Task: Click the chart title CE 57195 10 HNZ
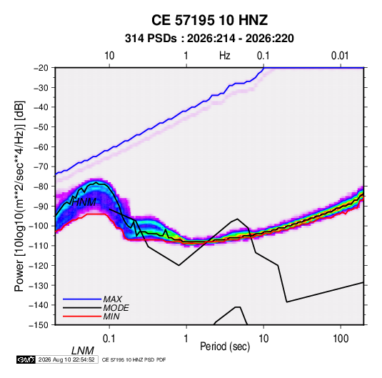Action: (x=209, y=20)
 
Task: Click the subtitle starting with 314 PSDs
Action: (x=209, y=39)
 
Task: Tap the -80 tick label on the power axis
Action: (x=41, y=186)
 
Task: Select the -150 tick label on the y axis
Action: (x=39, y=325)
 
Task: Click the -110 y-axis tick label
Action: (x=39, y=246)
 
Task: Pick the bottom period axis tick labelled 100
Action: (x=341, y=339)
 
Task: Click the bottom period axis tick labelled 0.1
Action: (x=109, y=339)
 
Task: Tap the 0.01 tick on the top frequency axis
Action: (x=340, y=56)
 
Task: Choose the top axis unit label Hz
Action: (x=225, y=56)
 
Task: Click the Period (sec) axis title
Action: (x=225, y=347)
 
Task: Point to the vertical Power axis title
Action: (x=19, y=196)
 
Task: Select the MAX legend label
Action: (x=113, y=299)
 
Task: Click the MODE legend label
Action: (x=116, y=308)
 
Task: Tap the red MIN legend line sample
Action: (x=82, y=317)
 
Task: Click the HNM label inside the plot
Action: (x=84, y=202)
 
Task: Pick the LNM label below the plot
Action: (x=83, y=351)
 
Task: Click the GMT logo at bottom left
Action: (x=26, y=359)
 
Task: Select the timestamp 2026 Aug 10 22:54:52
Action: (x=66, y=359)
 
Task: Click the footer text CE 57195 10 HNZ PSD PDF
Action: (x=134, y=359)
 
